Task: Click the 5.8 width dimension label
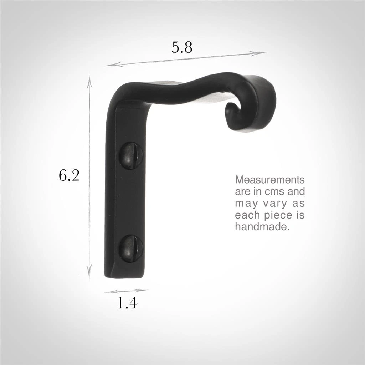[182, 47]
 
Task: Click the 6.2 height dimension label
[69, 175]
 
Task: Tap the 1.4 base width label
[127, 303]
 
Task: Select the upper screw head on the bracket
[130, 155]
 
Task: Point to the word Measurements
[269, 179]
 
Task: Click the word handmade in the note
[261, 227]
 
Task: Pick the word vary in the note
[271, 204]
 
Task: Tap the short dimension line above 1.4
[125, 291]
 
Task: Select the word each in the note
[246, 216]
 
